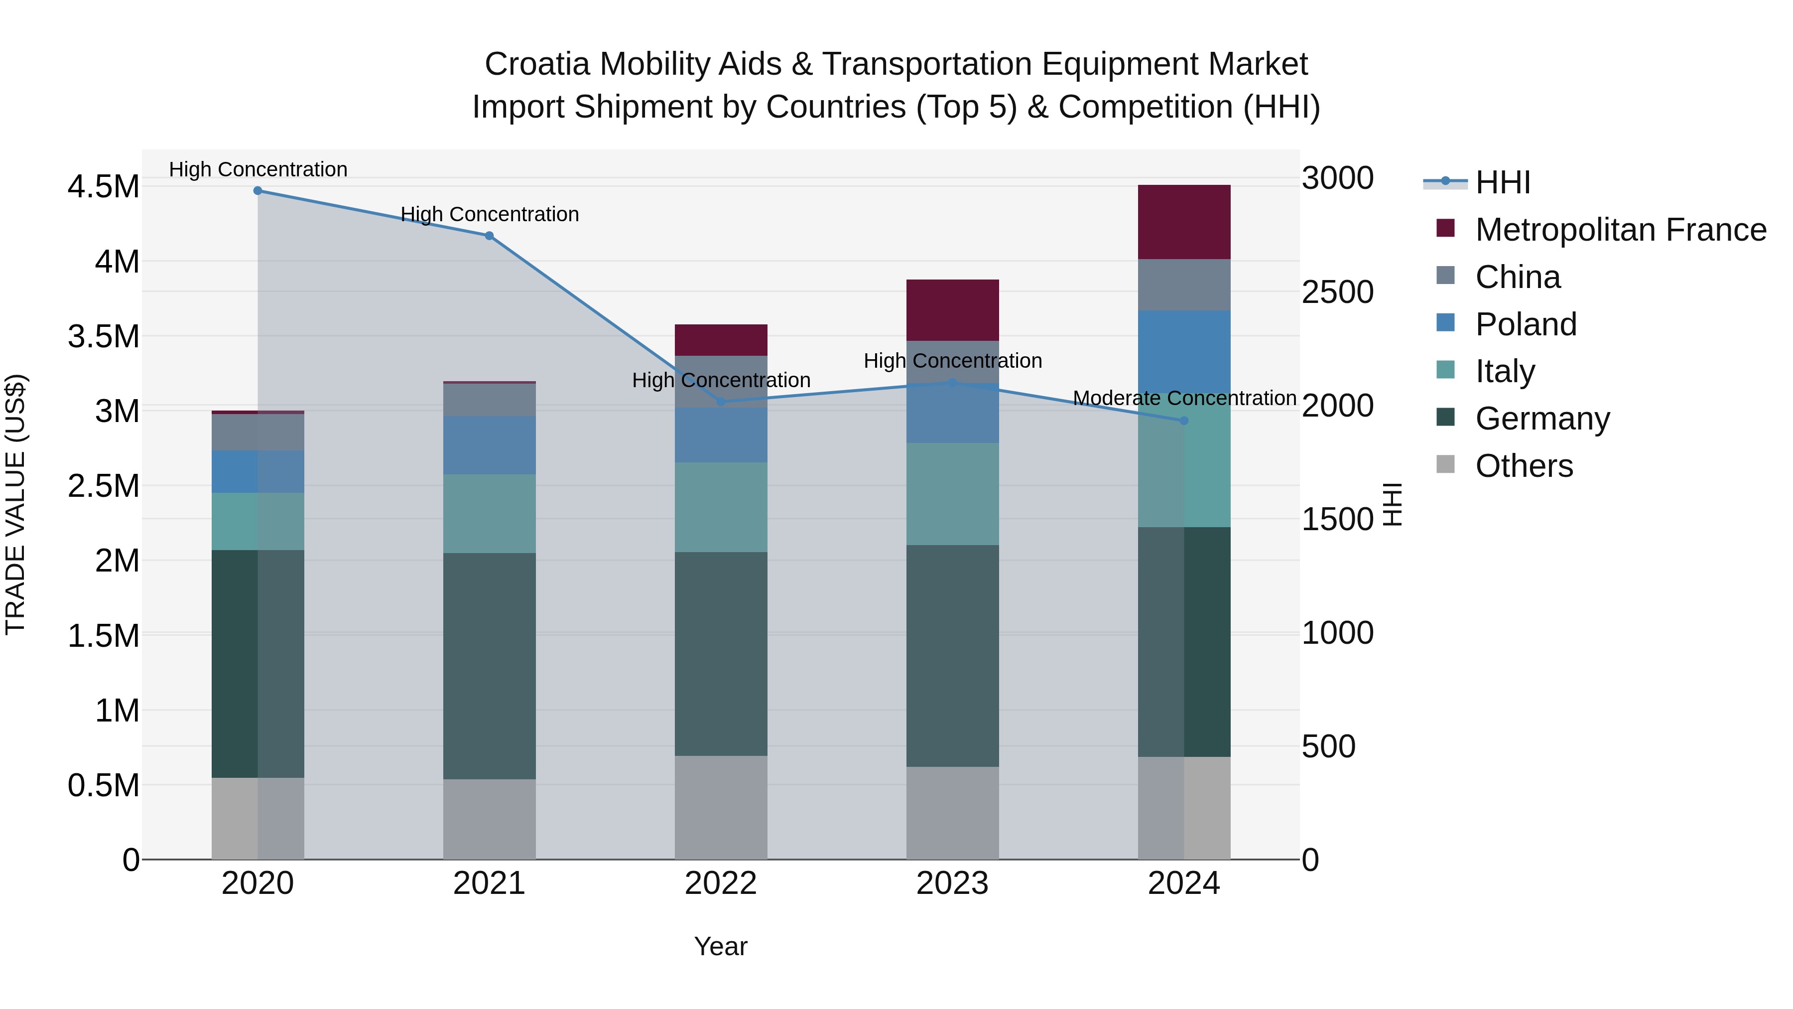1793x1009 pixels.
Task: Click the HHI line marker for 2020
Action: pyautogui.click(x=257, y=191)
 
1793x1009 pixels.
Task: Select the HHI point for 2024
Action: pyautogui.click(x=1184, y=421)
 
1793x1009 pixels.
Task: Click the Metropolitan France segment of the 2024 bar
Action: pyautogui.click(x=1184, y=222)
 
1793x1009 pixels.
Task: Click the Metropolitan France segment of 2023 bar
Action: pyautogui.click(x=952, y=310)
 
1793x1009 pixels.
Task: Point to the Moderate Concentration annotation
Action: pyautogui.click(x=1184, y=398)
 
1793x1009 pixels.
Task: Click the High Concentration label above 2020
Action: pyautogui.click(x=257, y=170)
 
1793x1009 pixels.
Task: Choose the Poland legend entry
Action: pyautogui.click(x=1526, y=324)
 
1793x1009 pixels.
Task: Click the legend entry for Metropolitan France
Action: pyautogui.click(x=1620, y=230)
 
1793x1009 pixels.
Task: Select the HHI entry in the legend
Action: pyautogui.click(x=1502, y=182)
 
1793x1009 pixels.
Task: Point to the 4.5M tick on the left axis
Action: pyautogui.click(x=103, y=187)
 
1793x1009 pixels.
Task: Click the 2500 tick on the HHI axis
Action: pyautogui.click(x=1337, y=292)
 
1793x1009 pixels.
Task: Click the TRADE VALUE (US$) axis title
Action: pyautogui.click(x=15, y=504)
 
